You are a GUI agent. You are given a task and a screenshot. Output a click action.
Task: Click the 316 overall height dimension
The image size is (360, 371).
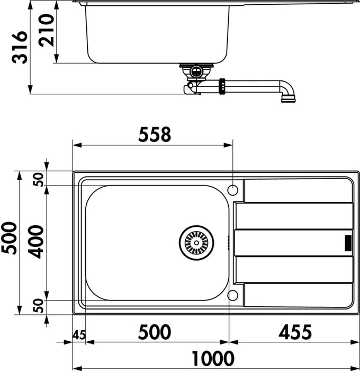[x=20, y=48]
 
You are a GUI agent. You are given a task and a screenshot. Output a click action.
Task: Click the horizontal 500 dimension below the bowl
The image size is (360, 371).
[x=155, y=332]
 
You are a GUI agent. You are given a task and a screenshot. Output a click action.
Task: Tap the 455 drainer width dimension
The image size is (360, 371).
[x=294, y=332]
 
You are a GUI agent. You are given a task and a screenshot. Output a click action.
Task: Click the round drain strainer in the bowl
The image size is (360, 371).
[x=196, y=243]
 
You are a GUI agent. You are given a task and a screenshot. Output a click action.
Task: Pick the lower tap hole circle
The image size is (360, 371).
[x=233, y=295]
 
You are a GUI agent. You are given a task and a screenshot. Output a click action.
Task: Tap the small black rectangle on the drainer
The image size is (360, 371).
[x=348, y=242]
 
